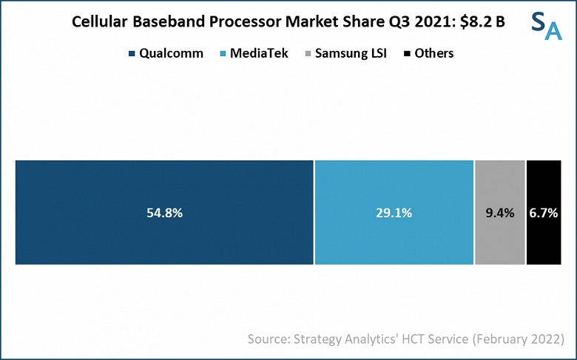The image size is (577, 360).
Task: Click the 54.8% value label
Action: coord(164,213)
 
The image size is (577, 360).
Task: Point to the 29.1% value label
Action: coord(394,213)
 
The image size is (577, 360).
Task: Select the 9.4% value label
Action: coord(499,213)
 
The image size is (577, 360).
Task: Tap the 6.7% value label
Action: coord(544,213)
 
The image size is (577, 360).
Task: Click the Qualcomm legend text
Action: coord(171,53)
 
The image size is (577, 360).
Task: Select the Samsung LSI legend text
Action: coord(352,53)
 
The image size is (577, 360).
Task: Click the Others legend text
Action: coord(434,53)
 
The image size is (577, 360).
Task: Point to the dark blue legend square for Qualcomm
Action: coord(132,53)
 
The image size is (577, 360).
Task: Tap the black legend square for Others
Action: coord(406,53)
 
